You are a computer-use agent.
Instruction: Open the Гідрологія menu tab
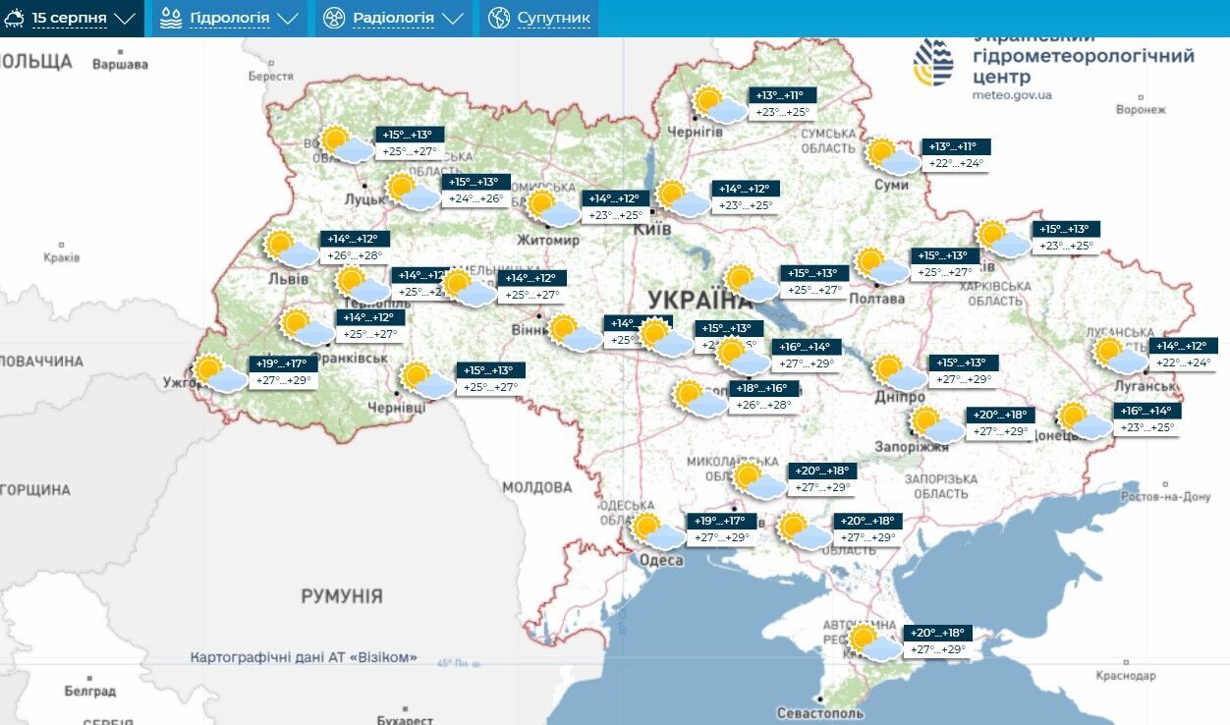[228, 19]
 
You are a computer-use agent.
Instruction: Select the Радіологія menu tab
[393, 19]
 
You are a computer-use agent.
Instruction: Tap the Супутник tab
[539, 19]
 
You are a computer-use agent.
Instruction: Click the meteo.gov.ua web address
[1012, 95]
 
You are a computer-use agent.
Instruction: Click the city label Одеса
[660, 560]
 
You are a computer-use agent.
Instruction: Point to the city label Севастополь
[818, 712]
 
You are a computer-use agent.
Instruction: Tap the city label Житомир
[548, 240]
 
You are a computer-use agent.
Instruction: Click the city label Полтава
[876, 299]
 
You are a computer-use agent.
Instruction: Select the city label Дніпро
[899, 397]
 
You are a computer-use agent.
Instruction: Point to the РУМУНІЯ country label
[342, 596]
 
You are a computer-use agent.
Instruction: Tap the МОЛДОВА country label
[536, 487]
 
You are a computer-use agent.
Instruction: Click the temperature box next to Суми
[956, 155]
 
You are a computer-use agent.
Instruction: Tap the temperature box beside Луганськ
[1183, 354]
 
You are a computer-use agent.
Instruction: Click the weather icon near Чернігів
[718, 104]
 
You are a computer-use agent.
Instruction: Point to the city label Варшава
[120, 65]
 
